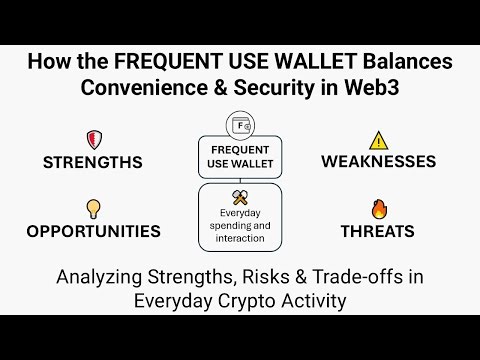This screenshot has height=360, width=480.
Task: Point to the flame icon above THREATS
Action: [377, 208]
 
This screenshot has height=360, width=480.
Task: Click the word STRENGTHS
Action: [92, 161]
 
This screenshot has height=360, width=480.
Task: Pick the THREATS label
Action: [377, 231]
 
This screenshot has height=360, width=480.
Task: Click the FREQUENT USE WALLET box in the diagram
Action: [239, 155]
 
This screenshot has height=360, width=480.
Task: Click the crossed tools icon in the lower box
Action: [239, 197]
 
